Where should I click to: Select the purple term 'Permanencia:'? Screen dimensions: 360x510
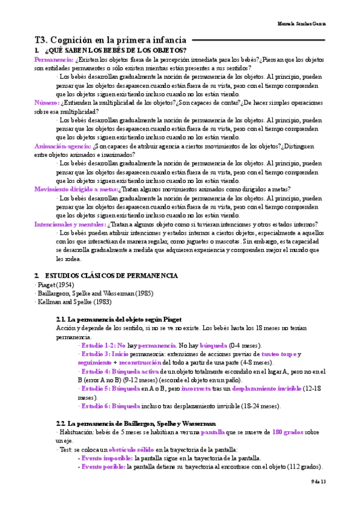[x=54, y=60]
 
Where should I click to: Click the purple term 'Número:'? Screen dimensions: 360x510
[x=46, y=103]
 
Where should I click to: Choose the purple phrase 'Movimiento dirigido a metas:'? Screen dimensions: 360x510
[x=76, y=189]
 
